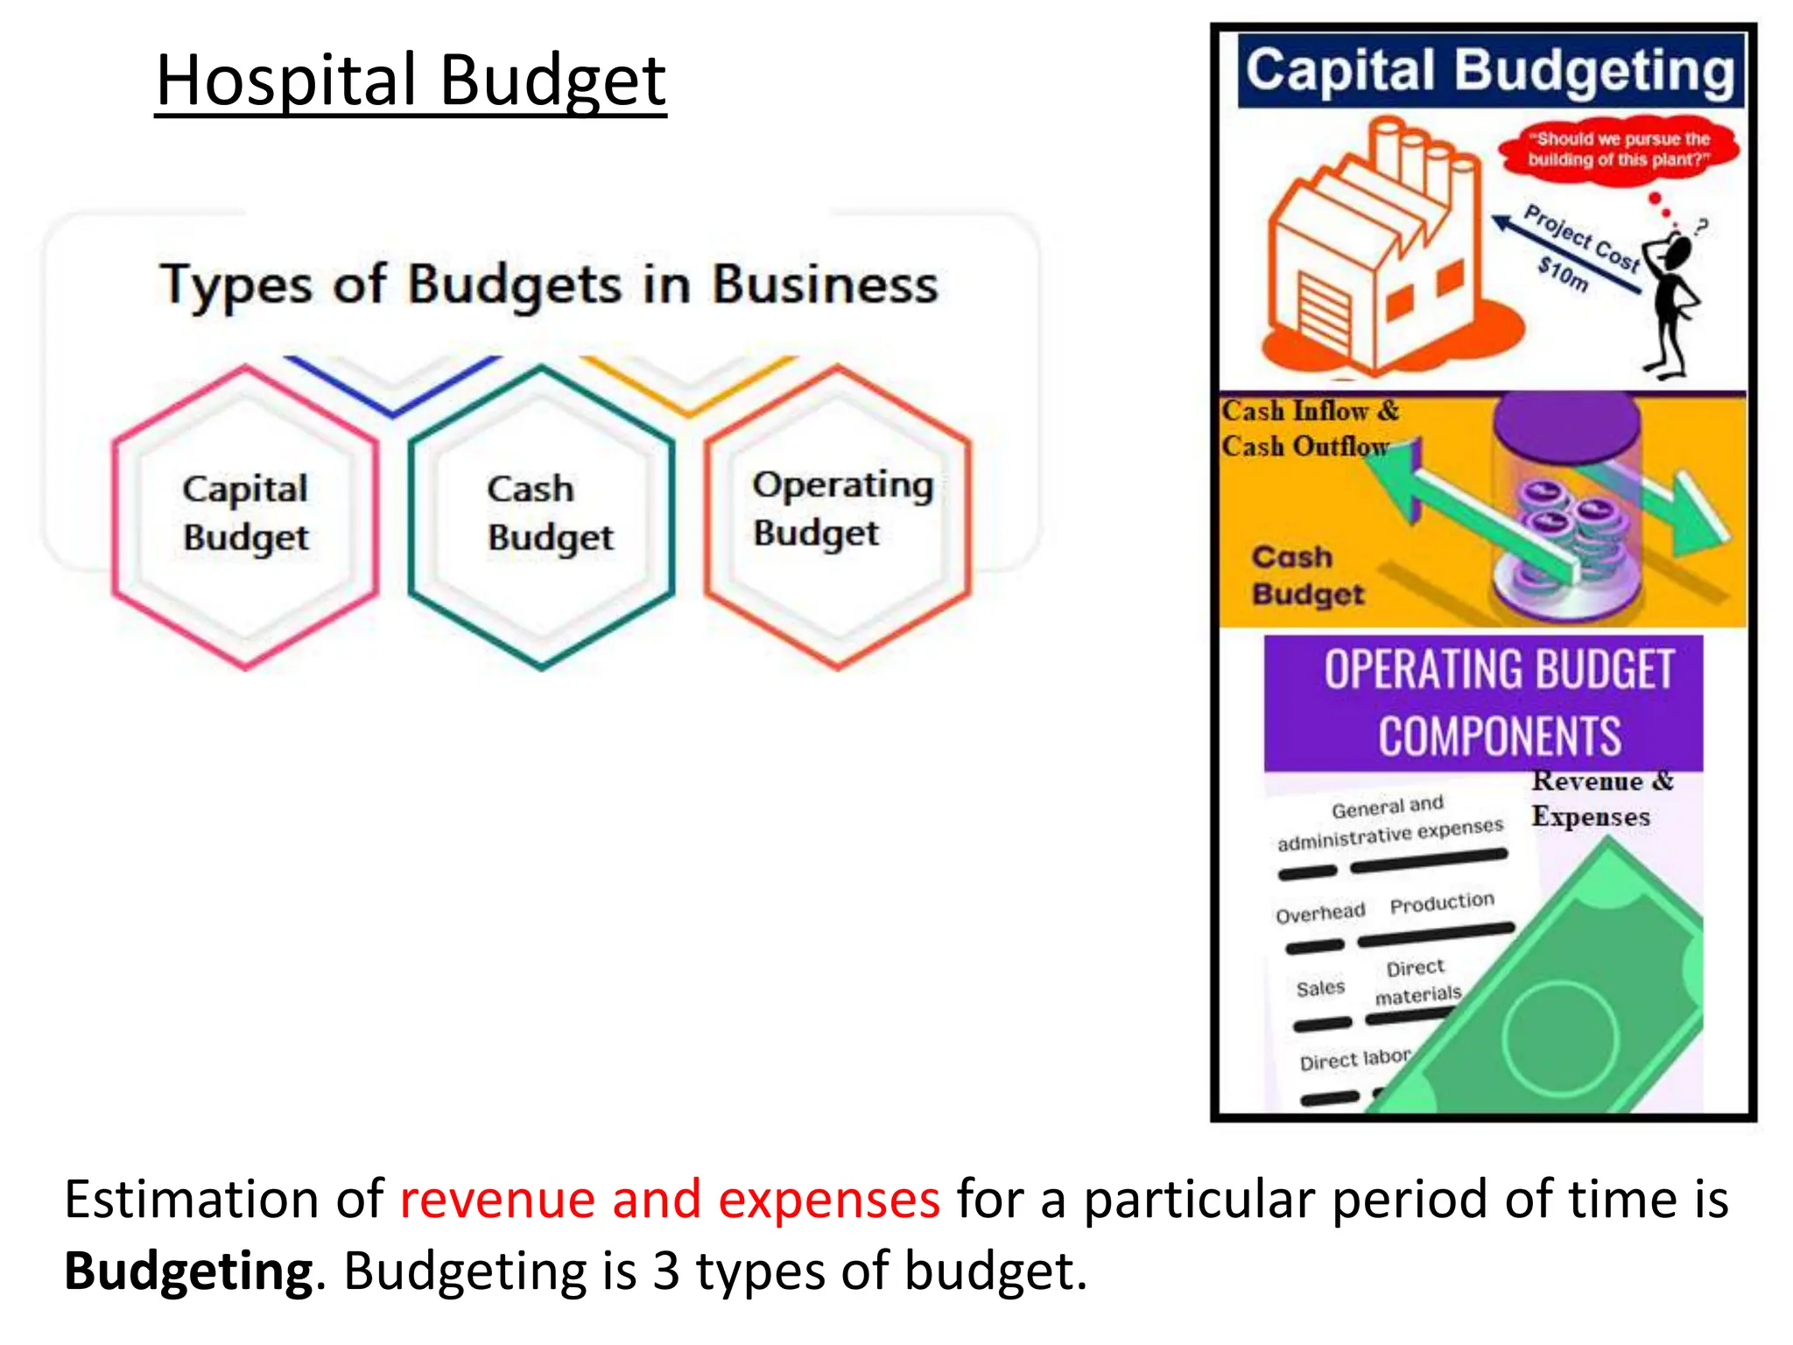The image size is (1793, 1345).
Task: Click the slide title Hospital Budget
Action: pyautogui.click(x=411, y=81)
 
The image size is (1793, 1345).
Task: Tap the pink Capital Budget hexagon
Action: pyautogui.click(x=245, y=517)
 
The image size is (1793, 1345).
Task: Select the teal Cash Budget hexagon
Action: pyautogui.click(x=542, y=517)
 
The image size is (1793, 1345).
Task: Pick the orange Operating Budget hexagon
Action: pyautogui.click(x=838, y=517)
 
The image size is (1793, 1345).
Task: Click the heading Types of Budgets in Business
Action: pyautogui.click(x=549, y=285)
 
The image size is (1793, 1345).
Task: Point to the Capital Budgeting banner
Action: pyautogui.click(x=1489, y=71)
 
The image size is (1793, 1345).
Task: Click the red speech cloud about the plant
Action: pyautogui.click(x=1619, y=150)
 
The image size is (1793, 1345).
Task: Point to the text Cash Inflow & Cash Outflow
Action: pyautogui.click(x=1309, y=428)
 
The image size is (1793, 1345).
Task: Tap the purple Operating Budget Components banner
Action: pyautogui.click(x=1483, y=703)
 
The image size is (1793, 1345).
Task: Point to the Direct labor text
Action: pyautogui.click(x=1354, y=1060)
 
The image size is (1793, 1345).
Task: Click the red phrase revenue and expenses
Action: pyautogui.click(x=670, y=1199)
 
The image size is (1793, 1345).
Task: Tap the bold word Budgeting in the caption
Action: pyautogui.click(x=188, y=1271)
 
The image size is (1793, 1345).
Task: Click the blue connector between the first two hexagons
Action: pyautogui.click(x=392, y=384)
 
